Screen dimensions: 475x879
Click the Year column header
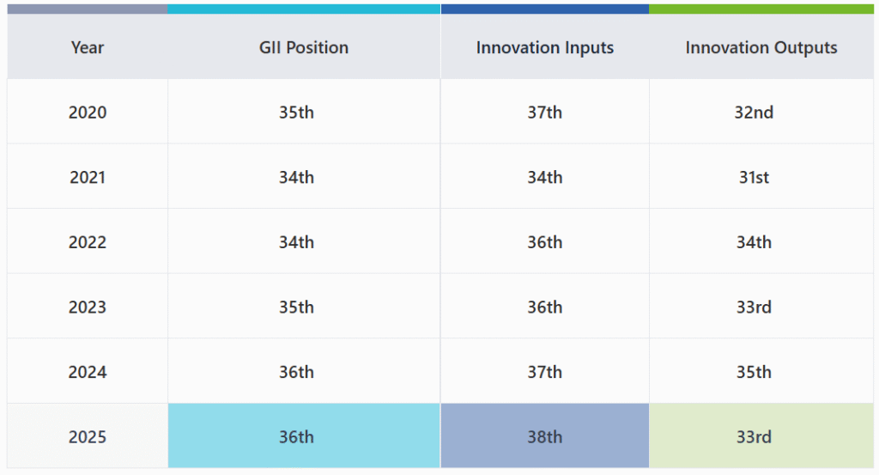[x=88, y=47]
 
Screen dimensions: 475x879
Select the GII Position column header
[x=304, y=47]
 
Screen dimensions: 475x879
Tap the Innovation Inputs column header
[x=545, y=47]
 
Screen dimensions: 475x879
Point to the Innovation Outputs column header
[x=761, y=47]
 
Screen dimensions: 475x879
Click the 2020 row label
[x=88, y=112]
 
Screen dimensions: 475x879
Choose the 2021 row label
[x=88, y=177]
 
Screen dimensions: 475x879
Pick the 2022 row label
[x=88, y=242]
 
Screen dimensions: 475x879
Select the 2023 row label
[x=88, y=307]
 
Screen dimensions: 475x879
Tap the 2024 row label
[x=88, y=372]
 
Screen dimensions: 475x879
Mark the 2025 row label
[x=88, y=436]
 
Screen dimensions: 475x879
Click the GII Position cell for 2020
[x=296, y=112]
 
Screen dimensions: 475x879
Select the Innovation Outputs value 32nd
[x=754, y=112]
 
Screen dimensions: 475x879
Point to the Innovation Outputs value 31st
[x=754, y=177]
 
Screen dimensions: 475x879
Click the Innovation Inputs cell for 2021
[x=545, y=177]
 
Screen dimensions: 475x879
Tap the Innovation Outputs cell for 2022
[x=754, y=242]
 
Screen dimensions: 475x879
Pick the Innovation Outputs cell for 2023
[x=754, y=307]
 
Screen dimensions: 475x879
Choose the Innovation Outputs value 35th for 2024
[x=754, y=372]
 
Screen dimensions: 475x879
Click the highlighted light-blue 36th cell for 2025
[x=296, y=436]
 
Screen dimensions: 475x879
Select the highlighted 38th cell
[x=545, y=436]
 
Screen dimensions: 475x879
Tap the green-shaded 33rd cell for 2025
[x=754, y=436]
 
